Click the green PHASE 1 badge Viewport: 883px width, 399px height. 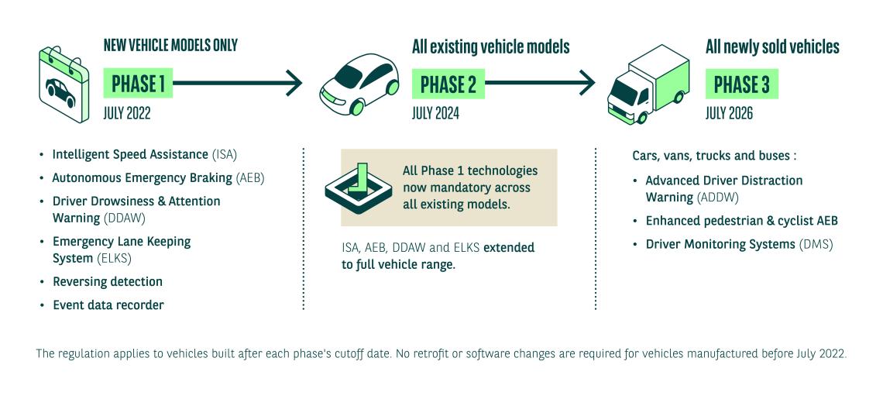[x=138, y=84]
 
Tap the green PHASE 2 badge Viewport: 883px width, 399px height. [x=448, y=84]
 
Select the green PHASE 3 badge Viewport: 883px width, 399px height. [x=742, y=84]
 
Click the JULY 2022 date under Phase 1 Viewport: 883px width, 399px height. [x=127, y=114]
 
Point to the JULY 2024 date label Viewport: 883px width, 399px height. [x=435, y=114]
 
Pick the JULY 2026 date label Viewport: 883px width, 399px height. [x=730, y=114]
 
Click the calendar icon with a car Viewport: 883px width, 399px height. [x=64, y=84]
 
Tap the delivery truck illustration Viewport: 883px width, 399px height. [x=648, y=84]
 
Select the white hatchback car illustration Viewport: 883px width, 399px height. [x=359, y=84]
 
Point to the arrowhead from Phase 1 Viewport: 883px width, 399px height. [x=294, y=84]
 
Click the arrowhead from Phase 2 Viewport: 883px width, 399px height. [x=587, y=84]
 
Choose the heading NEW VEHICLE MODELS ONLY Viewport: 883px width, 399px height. [x=170, y=45]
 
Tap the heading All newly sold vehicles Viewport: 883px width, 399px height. [x=773, y=46]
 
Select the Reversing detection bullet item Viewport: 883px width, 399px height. [x=108, y=281]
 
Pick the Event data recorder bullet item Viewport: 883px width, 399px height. [x=108, y=305]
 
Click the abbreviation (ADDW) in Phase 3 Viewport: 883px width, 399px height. [x=717, y=198]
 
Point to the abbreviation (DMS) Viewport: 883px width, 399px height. [x=816, y=245]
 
